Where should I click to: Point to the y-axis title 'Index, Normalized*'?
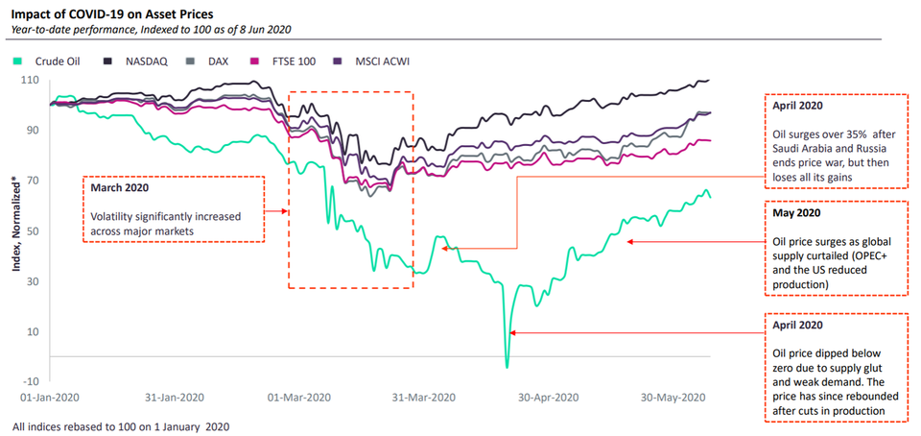pyautogui.click(x=15, y=219)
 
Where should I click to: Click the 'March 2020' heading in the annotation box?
pyautogui.click(x=122, y=188)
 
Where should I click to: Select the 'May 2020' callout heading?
pyautogui.click(x=795, y=212)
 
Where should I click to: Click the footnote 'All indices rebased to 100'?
pyautogui.click(x=120, y=425)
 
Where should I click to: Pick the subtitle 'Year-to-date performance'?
pyautogui.click(x=77, y=30)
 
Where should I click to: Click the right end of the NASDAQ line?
pyautogui.click(x=709, y=81)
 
